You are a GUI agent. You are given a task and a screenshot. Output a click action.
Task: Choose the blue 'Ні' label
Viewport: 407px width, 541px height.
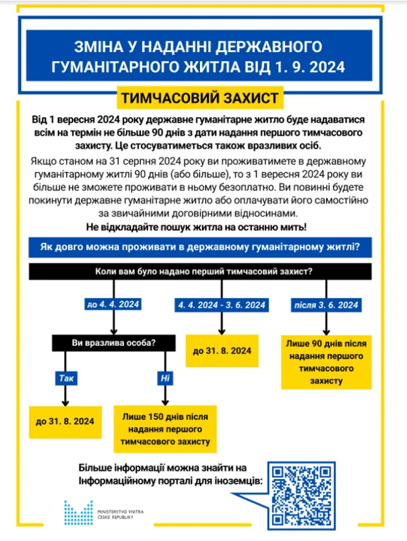click(164, 378)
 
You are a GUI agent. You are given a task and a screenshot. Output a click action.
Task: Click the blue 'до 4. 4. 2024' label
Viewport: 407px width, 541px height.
click(113, 304)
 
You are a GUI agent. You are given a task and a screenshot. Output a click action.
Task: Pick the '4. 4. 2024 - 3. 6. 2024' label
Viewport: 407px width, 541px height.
click(222, 304)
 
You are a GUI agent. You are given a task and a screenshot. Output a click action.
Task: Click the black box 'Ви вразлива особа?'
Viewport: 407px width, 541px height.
click(113, 343)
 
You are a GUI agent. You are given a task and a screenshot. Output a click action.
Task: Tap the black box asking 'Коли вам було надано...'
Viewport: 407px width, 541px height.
click(203, 271)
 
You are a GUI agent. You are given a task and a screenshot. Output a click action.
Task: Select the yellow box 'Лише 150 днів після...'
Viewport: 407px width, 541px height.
click(165, 428)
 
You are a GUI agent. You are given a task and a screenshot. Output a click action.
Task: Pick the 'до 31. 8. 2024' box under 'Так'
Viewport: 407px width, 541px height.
click(65, 421)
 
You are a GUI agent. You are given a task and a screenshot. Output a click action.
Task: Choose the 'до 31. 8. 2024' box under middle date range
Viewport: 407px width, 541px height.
click(221, 350)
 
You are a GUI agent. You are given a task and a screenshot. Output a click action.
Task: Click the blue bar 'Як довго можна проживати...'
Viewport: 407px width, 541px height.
click(203, 247)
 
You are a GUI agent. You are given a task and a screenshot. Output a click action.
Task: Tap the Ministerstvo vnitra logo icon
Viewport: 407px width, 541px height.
click(77, 514)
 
